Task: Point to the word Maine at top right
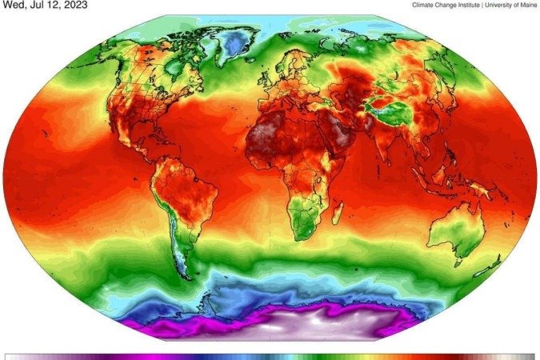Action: [522, 5]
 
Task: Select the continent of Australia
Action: [458, 228]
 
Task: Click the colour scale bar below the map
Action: [270, 356]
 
